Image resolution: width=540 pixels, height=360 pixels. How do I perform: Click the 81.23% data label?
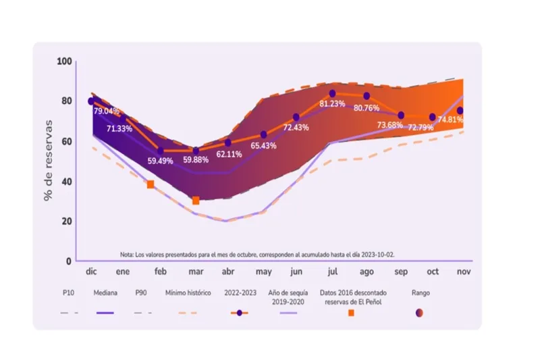pos(332,104)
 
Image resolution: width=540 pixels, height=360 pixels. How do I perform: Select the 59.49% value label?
pos(161,161)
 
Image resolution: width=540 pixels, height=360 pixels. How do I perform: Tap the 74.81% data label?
pos(450,120)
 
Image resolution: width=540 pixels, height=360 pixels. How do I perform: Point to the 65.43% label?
pos(263,146)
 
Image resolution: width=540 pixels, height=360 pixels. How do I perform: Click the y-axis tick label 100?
pos(64,61)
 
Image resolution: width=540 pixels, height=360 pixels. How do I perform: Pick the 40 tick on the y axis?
pos(66,182)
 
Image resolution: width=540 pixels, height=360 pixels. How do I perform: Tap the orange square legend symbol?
pos(350,313)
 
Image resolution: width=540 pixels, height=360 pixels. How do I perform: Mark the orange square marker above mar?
pos(196,201)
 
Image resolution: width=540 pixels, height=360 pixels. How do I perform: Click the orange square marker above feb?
pos(151,184)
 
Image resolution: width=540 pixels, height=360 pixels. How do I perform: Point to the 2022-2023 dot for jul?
pos(332,93)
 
